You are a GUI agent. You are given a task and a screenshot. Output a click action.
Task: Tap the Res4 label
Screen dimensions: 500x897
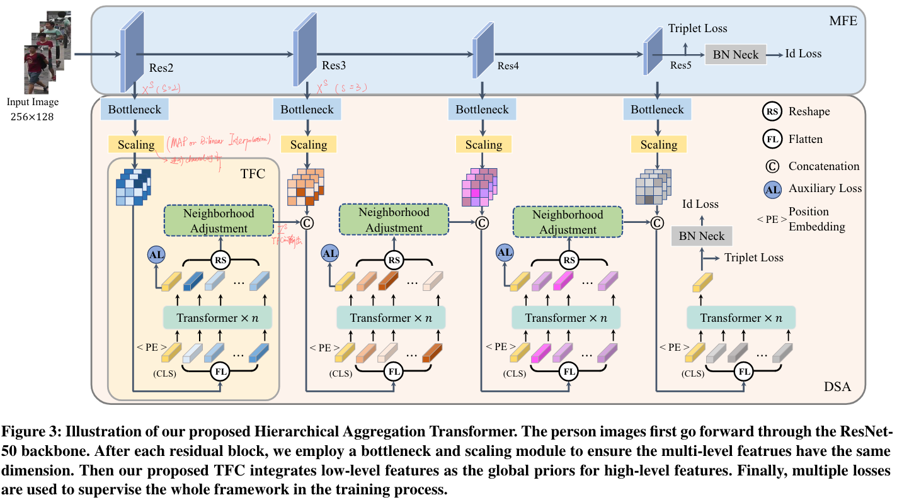(x=508, y=65)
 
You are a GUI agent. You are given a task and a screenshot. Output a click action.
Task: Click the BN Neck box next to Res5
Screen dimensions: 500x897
(x=736, y=54)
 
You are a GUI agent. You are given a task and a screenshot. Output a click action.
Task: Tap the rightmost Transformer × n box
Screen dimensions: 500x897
(x=741, y=317)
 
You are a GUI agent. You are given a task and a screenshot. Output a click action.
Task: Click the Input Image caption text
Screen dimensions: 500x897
(x=33, y=103)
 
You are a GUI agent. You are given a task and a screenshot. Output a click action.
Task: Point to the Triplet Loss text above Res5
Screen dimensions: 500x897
(x=697, y=28)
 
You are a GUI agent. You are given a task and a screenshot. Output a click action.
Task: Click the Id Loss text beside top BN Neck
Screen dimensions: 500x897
(x=803, y=54)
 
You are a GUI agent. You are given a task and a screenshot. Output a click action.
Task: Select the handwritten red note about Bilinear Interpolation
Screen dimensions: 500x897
(x=218, y=139)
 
